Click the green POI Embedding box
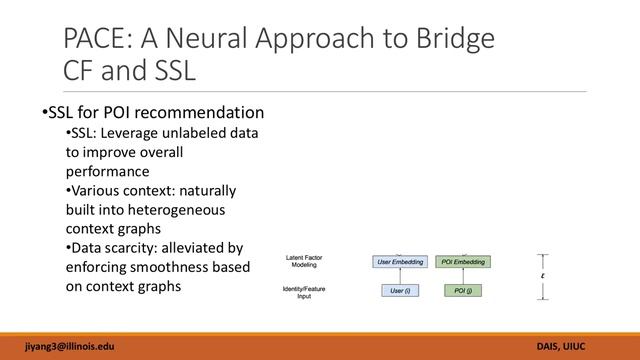[463, 262]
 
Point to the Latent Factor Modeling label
[302, 262]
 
